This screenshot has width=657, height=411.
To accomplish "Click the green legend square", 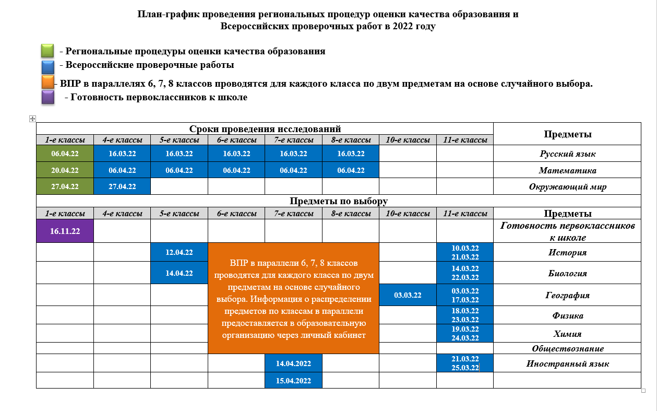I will (47, 51).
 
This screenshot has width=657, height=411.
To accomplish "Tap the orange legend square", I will (47, 83).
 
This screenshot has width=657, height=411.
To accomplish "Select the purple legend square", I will (47, 97).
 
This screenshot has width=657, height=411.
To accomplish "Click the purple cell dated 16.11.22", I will (65, 231).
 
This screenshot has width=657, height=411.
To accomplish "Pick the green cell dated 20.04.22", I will (65, 170).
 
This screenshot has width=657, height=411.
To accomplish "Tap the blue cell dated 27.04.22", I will (122, 186).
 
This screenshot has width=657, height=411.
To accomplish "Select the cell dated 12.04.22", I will (179, 252).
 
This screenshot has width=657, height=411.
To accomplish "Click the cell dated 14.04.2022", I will (293, 363).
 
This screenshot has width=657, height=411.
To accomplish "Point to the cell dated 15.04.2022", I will (293, 380).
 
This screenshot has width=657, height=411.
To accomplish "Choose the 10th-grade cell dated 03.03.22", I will (408, 295).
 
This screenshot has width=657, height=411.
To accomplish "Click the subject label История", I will (567, 253).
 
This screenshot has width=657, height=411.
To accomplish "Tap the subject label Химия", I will (567, 334).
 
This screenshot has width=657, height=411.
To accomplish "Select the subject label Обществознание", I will (568, 348).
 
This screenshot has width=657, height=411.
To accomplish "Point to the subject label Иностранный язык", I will (567, 364).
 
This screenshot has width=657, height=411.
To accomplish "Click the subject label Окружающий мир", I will (567, 186).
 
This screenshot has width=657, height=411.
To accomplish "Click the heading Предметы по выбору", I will (339, 201).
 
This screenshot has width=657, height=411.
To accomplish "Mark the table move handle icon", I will (32, 119).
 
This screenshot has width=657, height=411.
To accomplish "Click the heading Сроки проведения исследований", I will (265, 128).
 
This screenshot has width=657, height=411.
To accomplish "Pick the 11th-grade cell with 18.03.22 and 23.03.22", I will (465, 315).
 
